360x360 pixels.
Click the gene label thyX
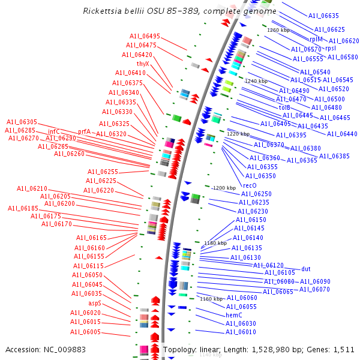(x=143, y=64)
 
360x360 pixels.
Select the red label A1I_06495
(x=145, y=36)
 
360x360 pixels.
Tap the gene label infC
(x=54, y=131)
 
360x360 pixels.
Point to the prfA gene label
(x=84, y=131)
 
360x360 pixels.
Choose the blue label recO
(x=250, y=185)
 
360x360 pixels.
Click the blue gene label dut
(x=306, y=269)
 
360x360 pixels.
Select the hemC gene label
(x=234, y=315)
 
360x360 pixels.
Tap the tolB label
(x=284, y=107)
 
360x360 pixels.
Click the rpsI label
(x=331, y=49)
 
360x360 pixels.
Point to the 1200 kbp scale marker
(x=225, y=188)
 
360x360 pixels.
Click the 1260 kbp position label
(x=278, y=30)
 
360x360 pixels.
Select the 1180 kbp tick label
(x=215, y=243)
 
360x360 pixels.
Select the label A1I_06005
(x=85, y=332)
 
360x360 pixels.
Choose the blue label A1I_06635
(x=323, y=16)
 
